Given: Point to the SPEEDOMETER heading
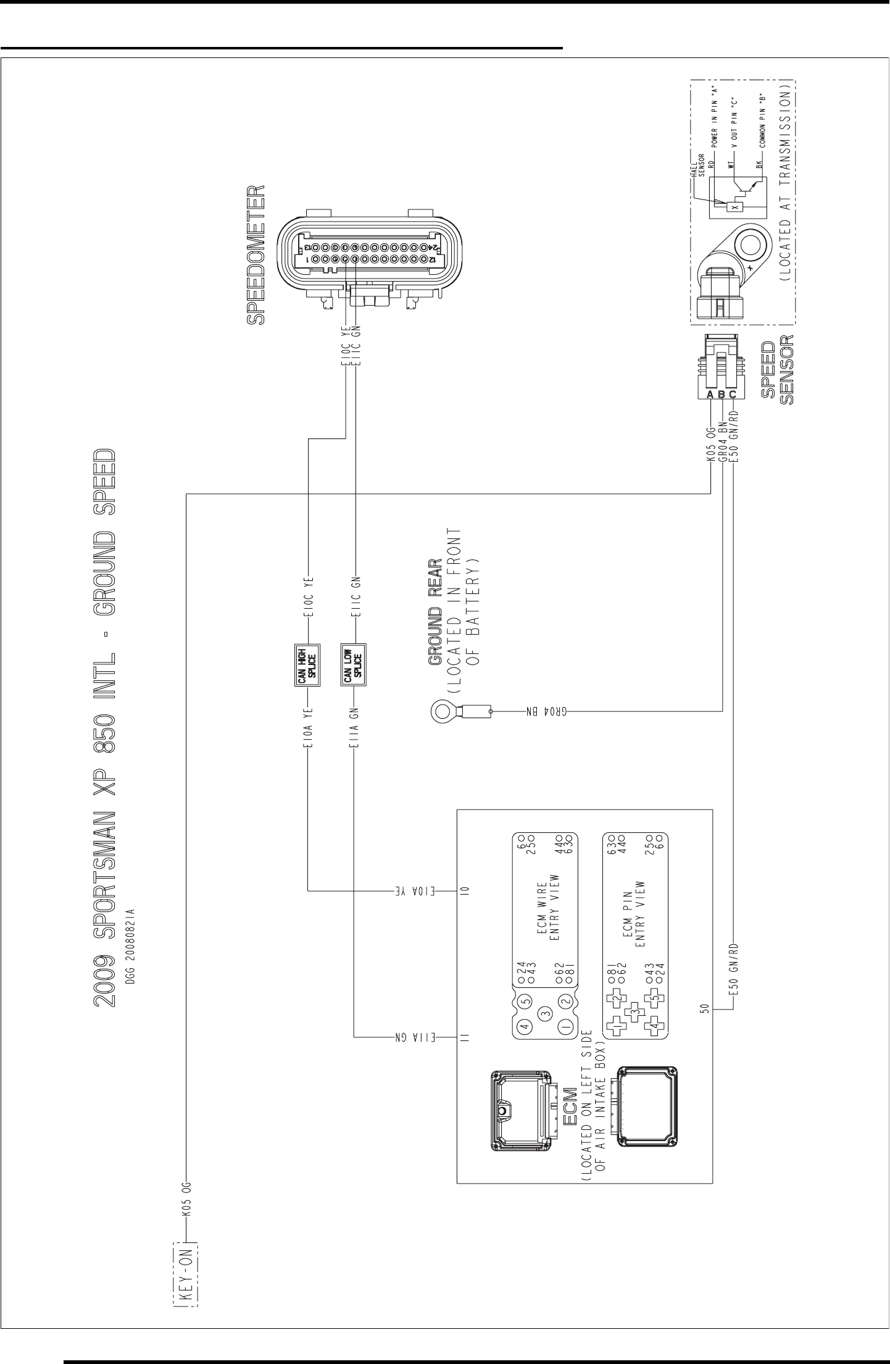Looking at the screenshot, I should click(257, 255).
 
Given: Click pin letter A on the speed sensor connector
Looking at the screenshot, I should click(710, 395).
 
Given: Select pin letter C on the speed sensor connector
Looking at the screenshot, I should click(733, 395).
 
